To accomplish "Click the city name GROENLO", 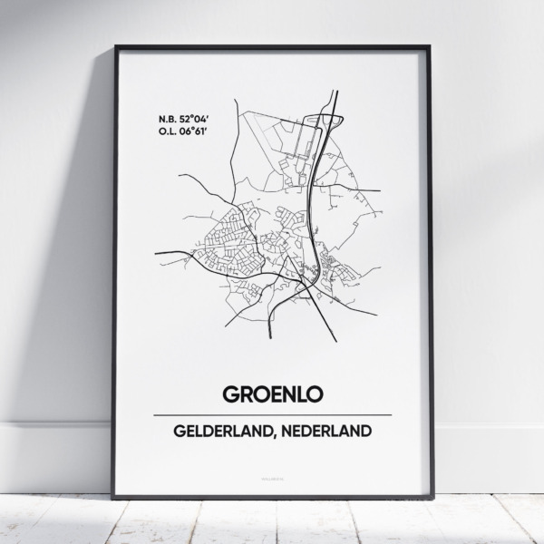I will (x=272, y=393).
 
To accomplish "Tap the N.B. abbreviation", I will (x=165, y=118).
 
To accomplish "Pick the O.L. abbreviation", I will (x=165, y=132).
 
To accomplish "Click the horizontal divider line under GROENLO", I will (x=272, y=414).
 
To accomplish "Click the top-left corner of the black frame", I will (x=115, y=46).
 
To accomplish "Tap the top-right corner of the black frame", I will (x=431, y=46).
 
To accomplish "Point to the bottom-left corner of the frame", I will (x=113, y=497).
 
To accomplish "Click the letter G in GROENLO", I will (x=226, y=393).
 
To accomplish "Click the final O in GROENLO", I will (x=317, y=393).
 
